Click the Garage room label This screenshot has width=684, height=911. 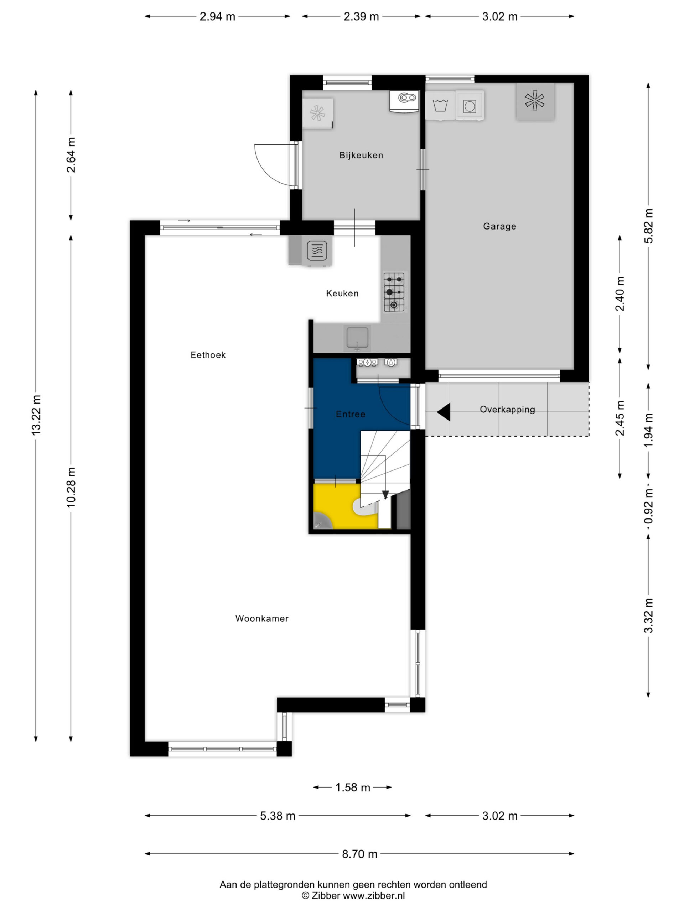coord(499,226)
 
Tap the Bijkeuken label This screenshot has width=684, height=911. coord(361,155)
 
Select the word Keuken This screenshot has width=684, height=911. coord(342,293)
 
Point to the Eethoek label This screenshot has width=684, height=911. coord(208,355)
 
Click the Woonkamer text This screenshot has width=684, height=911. coord(262,618)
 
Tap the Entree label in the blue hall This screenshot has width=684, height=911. coord(351,414)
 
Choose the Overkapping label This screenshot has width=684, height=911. coord(507,409)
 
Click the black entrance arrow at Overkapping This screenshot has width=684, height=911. coord(443,412)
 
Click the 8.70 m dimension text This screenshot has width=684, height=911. coord(359,854)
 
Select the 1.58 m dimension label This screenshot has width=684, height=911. coord(353,788)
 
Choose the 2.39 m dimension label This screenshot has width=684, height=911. coord(361,16)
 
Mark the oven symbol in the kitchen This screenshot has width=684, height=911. coord(317,250)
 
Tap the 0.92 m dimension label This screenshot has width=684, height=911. coord(648,506)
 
